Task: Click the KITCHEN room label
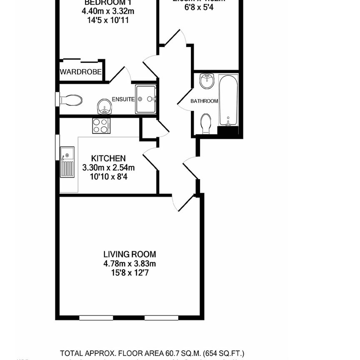[x=108, y=158]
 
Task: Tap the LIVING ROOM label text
[x=130, y=254]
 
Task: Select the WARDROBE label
[x=81, y=72]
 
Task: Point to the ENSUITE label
[x=123, y=99]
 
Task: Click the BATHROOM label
[x=204, y=101]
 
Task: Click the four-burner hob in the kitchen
[x=101, y=125]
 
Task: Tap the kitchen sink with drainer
[x=67, y=162]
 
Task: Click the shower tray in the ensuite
[x=145, y=99]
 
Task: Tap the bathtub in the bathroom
[x=228, y=100]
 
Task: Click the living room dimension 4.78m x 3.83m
[x=130, y=263]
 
